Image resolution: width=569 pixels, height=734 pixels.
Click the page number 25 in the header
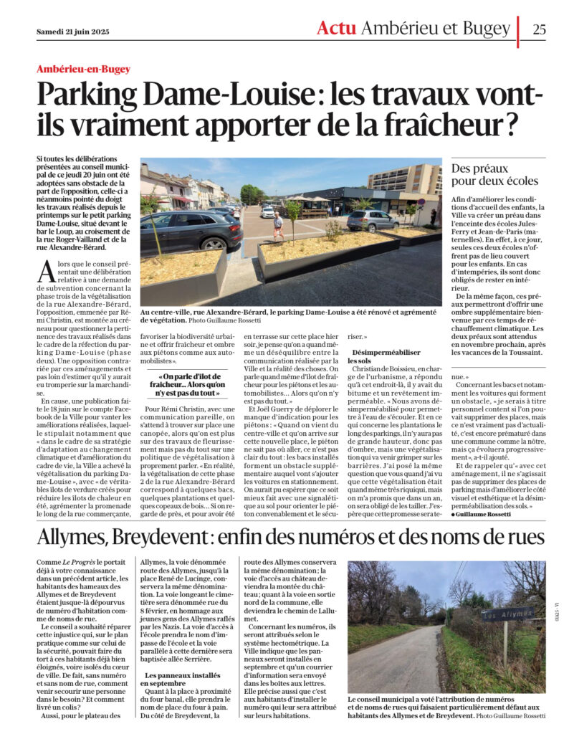pos(539,29)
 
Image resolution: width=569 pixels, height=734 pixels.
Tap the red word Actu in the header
pos(336,29)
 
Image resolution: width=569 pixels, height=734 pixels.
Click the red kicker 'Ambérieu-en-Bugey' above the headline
pos(84,69)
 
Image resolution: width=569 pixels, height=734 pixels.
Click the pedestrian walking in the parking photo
pos(278,227)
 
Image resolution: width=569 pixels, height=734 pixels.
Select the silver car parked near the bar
pos(372,219)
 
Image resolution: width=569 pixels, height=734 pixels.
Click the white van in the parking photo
pos(267,211)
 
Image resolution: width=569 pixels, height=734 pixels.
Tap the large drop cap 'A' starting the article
pos(47,272)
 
